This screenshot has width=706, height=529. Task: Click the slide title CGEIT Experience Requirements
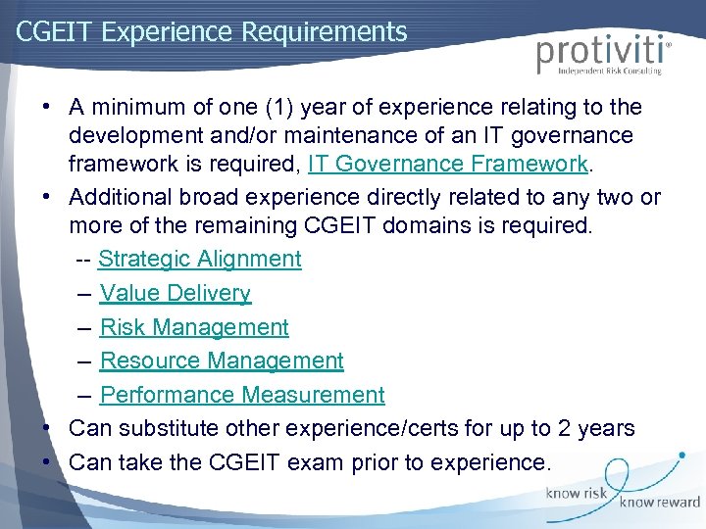coord(211,31)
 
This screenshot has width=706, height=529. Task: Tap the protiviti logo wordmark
coord(601,52)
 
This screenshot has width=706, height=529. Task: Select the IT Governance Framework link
coord(448,163)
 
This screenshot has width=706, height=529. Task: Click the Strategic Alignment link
coord(200,259)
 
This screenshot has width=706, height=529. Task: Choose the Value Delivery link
coord(176,293)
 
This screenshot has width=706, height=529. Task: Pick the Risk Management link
coord(194,327)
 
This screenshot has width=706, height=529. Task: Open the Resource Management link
coord(222,361)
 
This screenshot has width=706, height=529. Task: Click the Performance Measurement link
coord(242,395)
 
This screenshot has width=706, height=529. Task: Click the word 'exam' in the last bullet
coord(349,462)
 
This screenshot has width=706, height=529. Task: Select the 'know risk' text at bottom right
coord(576,494)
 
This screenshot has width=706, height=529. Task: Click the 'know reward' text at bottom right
coord(659,503)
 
